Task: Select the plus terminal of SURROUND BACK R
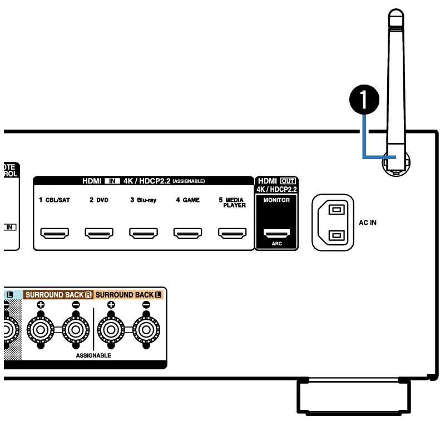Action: [41, 329]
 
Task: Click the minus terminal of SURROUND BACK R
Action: [76, 329]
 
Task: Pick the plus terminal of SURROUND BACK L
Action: [111, 329]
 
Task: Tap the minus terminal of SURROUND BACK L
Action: [146, 329]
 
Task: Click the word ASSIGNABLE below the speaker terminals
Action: [93, 355]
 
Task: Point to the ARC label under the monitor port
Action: [276, 244]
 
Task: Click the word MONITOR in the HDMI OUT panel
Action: [276, 200]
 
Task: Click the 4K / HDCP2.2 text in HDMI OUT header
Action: [276, 189]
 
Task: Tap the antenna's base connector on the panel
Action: [395, 163]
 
